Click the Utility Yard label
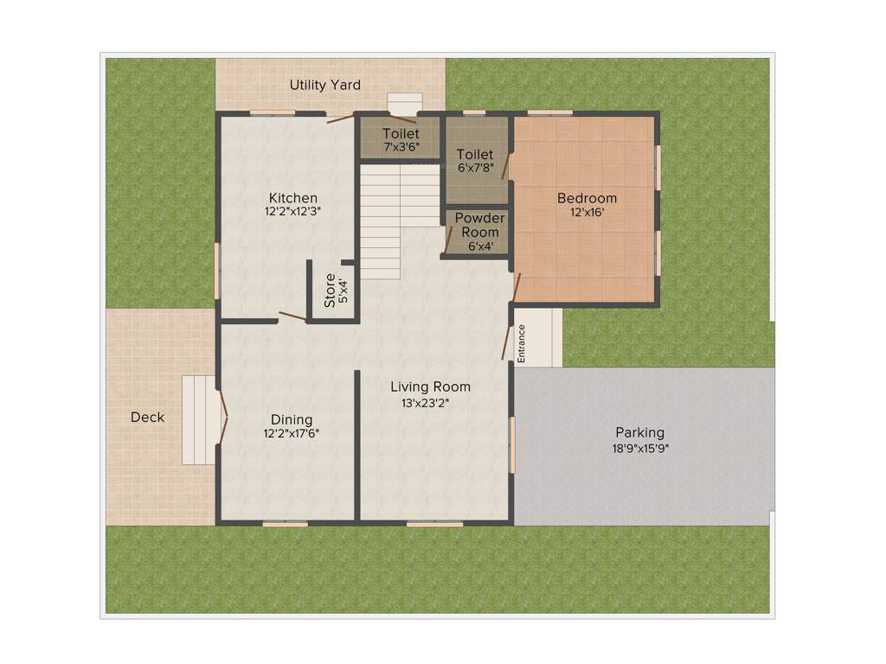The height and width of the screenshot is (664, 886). coord(324,85)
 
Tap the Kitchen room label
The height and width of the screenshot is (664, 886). coord(292,198)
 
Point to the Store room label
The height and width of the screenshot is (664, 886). coord(330,290)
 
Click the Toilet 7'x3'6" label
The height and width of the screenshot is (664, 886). coord(401,134)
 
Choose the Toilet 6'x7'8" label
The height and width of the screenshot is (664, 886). coord(475,155)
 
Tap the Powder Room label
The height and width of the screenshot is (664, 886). coord(479,225)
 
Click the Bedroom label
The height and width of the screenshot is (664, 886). coord(587,198)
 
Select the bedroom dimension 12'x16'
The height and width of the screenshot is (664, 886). coord(587,212)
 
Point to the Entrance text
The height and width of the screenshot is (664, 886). coord(521,343)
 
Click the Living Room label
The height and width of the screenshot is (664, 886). coord(430,386)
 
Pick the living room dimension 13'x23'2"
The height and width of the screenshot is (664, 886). coord(425,402)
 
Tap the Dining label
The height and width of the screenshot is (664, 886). coord(292,420)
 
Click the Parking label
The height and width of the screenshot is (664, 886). coord(639,432)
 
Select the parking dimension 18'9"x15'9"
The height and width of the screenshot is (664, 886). coord(640,448)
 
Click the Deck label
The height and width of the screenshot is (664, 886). coord(147,417)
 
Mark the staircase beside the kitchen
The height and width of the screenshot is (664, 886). coord(400,220)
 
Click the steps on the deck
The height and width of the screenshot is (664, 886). coord(200,419)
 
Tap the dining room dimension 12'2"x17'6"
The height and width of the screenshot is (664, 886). coord(292,434)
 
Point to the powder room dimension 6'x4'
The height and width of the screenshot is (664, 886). coord(479,246)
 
